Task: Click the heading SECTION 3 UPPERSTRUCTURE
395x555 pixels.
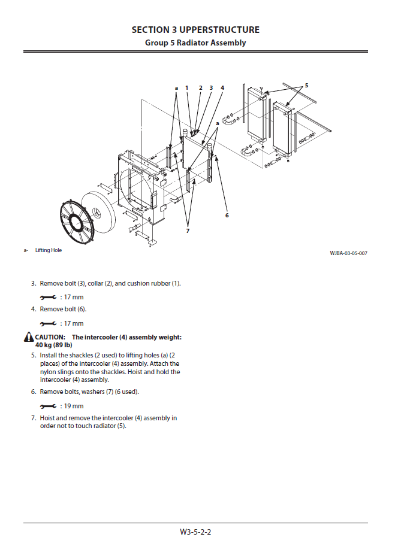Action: (195, 30)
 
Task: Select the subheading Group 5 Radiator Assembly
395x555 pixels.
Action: (195, 43)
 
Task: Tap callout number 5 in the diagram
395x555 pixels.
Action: (306, 86)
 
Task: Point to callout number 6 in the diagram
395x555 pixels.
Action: (227, 215)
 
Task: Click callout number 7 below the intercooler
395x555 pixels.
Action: (188, 231)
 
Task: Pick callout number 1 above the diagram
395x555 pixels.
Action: (187, 88)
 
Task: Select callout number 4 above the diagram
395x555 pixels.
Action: (222, 88)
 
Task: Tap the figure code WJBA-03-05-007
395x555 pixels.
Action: (348, 253)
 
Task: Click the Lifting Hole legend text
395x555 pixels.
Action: (48, 250)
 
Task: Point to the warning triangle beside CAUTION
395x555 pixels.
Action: (29, 338)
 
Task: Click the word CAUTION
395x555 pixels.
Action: (50, 337)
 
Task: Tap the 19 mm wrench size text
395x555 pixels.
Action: (72, 406)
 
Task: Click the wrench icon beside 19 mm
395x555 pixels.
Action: (48, 406)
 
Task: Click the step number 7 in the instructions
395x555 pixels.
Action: (34, 418)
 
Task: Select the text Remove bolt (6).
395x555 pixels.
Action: (63, 309)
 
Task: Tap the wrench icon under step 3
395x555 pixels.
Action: (48, 297)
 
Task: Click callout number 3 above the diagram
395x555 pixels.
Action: (211, 88)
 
